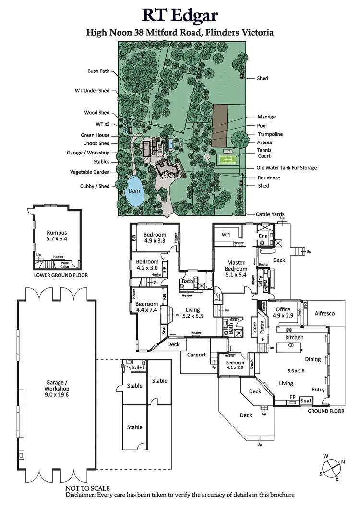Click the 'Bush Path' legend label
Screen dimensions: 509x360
(x=98, y=71)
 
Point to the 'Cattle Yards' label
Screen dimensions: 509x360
(x=270, y=214)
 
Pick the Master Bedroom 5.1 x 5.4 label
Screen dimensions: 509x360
(x=236, y=265)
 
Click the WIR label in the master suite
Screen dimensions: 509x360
(x=227, y=235)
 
